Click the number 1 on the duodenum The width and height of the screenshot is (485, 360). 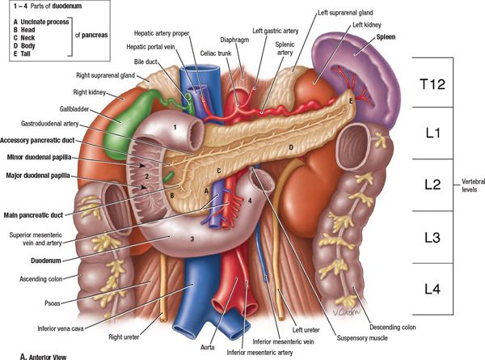(x=174, y=128)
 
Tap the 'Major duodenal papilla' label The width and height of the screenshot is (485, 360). (x=35, y=176)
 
